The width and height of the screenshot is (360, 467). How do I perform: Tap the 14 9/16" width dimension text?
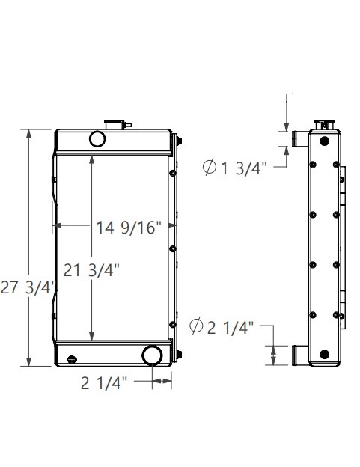tap(129, 228)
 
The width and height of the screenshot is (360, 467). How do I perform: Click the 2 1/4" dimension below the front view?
tap(104, 384)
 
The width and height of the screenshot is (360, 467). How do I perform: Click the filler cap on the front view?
tap(115, 122)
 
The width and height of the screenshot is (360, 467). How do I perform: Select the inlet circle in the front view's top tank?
tap(97, 138)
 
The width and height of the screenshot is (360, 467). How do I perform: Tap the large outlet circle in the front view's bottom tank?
tap(153, 355)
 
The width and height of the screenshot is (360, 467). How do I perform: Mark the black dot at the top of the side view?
tap(324, 141)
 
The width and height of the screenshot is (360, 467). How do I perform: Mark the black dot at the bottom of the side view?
tap(324, 354)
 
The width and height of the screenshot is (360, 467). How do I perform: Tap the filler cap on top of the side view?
tap(323, 123)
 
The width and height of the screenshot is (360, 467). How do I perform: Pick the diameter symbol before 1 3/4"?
tap(210, 168)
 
